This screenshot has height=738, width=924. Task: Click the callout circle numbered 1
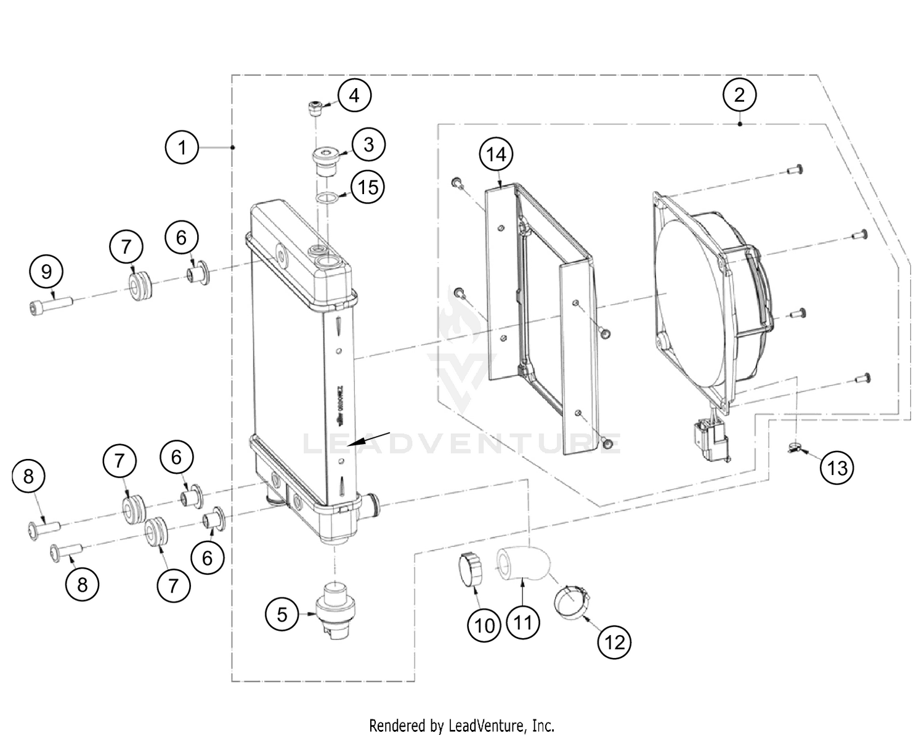[182, 148]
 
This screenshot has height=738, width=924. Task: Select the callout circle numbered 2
[739, 94]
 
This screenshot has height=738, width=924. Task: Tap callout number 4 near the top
[354, 96]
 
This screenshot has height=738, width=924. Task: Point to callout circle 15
[368, 187]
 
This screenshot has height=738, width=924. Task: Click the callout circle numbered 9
[47, 272]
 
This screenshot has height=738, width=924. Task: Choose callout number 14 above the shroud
[496, 154]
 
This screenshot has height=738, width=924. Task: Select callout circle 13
[837, 468]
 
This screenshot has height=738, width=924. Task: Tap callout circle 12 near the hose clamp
[614, 642]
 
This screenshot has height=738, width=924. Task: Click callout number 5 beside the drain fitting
[282, 614]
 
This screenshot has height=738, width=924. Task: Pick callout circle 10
[485, 625]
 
